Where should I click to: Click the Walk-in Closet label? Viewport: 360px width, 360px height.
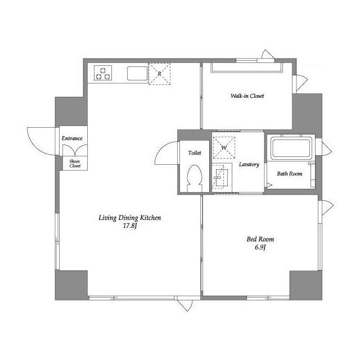(x=247, y=96)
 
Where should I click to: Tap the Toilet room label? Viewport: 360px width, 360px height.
(x=195, y=152)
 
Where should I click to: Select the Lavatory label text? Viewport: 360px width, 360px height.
(x=249, y=164)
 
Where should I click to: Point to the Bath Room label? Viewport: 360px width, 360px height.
(x=289, y=174)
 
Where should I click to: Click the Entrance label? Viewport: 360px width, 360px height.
(x=72, y=138)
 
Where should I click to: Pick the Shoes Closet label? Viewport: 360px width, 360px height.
(x=75, y=164)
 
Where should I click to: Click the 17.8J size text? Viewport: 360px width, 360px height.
(x=130, y=226)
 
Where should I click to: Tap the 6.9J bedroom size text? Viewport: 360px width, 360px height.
(x=260, y=247)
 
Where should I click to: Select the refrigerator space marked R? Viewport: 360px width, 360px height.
(x=160, y=74)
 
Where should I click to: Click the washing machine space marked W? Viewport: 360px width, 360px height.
(x=224, y=147)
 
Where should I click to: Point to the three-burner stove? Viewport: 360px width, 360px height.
(x=103, y=73)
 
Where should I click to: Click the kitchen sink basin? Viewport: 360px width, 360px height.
(x=137, y=74)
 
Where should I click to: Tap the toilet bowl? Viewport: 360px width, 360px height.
(x=195, y=178)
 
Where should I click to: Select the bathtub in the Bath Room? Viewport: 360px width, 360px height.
(x=291, y=148)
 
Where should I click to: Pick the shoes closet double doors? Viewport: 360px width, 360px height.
(x=75, y=150)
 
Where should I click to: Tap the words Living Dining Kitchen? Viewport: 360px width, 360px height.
(x=130, y=218)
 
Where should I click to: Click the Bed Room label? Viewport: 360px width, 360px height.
(x=260, y=239)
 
